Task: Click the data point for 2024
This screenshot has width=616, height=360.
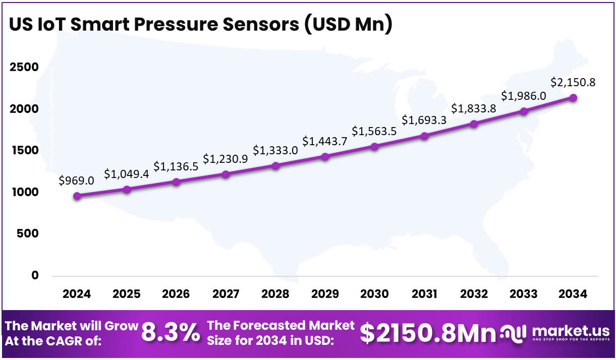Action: coord(77,196)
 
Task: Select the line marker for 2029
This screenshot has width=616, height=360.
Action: coord(325,156)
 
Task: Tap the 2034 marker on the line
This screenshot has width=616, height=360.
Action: coord(573,98)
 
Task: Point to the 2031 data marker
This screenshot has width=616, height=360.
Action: coord(424,136)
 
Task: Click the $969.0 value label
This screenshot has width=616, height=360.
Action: coord(77,181)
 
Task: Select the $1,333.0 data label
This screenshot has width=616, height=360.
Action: coord(275,150)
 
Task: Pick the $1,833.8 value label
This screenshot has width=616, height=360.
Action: coord(473,108)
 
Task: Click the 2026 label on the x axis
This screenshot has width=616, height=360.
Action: coord(176,294)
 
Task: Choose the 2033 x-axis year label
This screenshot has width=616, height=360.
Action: coord(523,294)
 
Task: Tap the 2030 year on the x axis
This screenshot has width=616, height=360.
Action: coord(374,294)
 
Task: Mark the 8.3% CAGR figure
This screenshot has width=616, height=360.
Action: coord(170,333)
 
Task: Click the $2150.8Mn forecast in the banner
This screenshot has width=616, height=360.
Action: coord(428,333)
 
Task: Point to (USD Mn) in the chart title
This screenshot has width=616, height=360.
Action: coord(348,25)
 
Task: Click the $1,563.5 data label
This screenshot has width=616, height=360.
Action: coord(374,131)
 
